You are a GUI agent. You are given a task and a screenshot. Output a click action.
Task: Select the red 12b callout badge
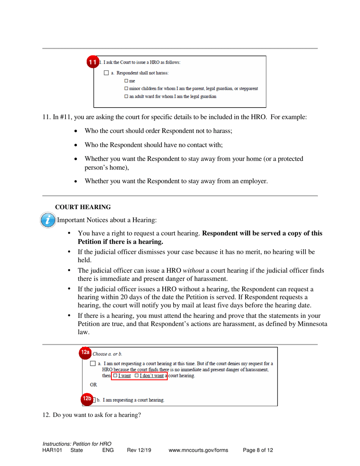click(x=87, y=399)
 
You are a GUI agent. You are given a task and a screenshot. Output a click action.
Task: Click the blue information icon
click(x=47, y=220)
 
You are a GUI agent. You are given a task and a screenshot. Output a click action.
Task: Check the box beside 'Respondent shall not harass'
click(x=106, y=73)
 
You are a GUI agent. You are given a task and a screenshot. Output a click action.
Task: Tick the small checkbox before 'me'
click(x=126, y=81)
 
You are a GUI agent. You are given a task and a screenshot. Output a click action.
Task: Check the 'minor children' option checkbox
click(x=126, y=89)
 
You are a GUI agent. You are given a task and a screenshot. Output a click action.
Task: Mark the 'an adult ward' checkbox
click(x=126, y=97)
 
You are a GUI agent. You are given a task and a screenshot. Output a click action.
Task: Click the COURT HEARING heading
click(x=83, y=207)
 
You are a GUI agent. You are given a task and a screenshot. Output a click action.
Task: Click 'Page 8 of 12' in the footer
click(x=258, y=450)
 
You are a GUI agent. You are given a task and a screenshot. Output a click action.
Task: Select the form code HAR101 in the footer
click(x=52, y=450)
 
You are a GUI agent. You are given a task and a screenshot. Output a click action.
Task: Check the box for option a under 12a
click(x=94, y=364)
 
